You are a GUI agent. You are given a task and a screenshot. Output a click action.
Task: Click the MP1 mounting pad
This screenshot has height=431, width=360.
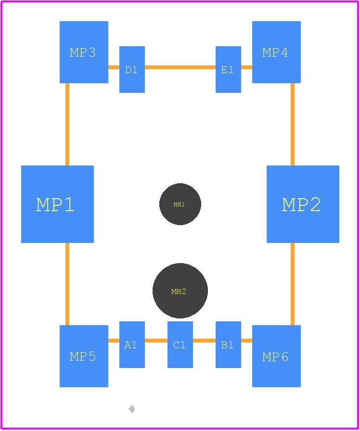click(x=57, y=204)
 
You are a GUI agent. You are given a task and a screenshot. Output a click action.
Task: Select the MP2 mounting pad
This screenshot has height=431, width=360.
click(x=303, y=204)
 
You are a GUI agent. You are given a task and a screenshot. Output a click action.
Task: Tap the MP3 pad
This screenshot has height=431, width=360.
click(x=84, y=52)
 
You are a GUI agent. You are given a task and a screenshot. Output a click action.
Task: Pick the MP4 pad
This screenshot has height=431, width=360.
click(x=276, y=52)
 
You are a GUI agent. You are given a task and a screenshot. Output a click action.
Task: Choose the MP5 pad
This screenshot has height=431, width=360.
click(x=84, y=356)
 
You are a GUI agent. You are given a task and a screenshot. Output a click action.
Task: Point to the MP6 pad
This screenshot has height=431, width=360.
click(x=276, y=356)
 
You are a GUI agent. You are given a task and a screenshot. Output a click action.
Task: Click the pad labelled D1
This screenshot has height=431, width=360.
click(x=132, y=69)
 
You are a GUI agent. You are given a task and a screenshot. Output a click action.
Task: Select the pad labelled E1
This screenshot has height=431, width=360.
click(x=228, y=69)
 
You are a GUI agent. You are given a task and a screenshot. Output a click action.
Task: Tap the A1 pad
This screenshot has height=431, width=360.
click(x=132, y=344)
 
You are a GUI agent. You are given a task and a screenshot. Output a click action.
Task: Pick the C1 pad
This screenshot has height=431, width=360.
click(x=180, y=344)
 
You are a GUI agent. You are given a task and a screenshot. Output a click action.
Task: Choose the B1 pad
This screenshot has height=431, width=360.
click(x=228, y=344)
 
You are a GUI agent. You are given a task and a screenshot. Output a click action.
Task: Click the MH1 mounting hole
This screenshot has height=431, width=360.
click(x=180, y=204)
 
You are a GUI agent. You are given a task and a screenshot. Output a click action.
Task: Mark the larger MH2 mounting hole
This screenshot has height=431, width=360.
click(x=180, y=291)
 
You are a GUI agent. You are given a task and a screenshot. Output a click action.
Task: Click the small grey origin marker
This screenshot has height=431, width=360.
click(x=132, y=409)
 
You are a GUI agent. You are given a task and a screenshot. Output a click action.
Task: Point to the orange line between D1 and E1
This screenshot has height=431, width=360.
click(x=180, y=67)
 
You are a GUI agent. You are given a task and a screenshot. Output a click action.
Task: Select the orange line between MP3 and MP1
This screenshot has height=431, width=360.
click(x=67, y=124)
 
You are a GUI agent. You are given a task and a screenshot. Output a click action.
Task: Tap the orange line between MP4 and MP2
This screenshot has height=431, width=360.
click(x=293, y=124)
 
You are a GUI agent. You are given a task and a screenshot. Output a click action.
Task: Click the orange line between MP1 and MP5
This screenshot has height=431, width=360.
click(x=67, y=284)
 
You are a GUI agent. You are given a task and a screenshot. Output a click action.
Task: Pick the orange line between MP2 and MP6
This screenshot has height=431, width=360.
click(x=293, y=284)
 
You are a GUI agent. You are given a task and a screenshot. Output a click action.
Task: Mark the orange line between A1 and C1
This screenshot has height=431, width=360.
click(x=156, y=341)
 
